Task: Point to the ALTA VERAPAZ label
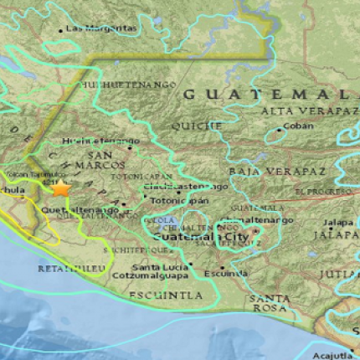pos(303,111)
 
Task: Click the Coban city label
pos(298,127)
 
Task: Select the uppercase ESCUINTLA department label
pos(166,296)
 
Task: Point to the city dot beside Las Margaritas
pos(60,30)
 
